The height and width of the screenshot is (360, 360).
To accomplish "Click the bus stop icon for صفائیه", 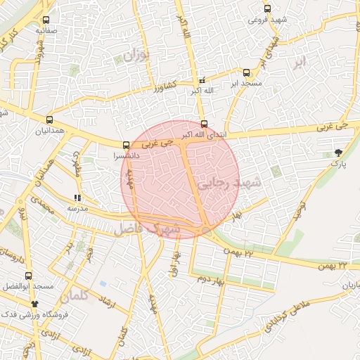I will (46, 20).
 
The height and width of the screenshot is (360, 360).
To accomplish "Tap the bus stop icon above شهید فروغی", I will (266, 8).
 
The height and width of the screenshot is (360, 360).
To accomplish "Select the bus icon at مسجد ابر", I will (246, 72).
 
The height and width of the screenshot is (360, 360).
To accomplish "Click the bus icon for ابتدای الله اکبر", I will (204, 124).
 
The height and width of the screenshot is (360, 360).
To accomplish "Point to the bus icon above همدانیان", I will (49, 120).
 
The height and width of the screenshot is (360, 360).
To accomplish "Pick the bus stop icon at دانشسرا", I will (126, 145).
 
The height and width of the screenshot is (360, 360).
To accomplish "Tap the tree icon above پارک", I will (339, 153).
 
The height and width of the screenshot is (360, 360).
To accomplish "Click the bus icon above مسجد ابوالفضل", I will (28, 276).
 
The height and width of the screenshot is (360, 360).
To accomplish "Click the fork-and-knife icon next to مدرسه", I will (77, 198).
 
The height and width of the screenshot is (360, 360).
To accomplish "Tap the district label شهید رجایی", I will (228, 184).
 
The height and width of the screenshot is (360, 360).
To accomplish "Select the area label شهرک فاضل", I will (148, 229).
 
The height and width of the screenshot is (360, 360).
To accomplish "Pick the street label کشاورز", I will (168, 89).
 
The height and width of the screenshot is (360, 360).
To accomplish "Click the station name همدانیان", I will (50, 131).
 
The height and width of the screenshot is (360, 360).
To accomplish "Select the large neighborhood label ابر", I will (301, 62).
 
